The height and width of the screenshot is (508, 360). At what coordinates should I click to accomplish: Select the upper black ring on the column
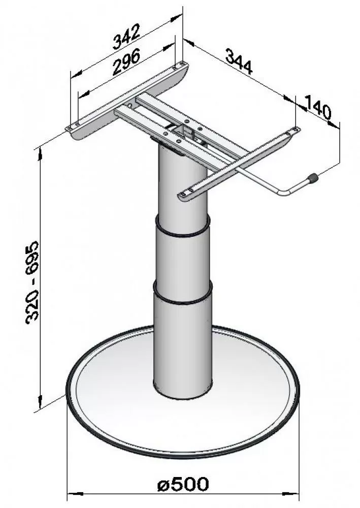(x=182, y=230)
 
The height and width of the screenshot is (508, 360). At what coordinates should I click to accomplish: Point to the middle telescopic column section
(x=182, y=262)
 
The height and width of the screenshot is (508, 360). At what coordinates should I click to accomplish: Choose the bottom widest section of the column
(x=182, y=345)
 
